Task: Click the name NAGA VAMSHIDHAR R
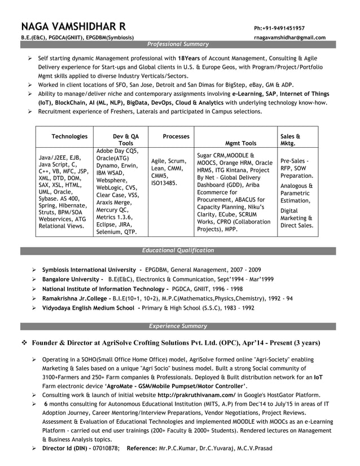[74, 27]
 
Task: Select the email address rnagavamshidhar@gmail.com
[289, 38]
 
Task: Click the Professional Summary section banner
[178, 44]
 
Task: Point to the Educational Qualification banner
[178, 250]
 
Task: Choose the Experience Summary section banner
[178, 326]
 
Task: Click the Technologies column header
[69, 137]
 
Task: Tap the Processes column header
[176, 137]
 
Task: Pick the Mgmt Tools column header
[240, 143]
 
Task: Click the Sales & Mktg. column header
[290, 140]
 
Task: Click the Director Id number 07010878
[104, 449]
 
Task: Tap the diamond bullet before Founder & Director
[24, 343]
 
